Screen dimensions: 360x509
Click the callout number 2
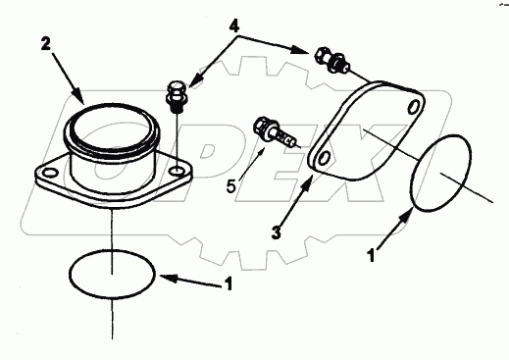click(x=45, y=45)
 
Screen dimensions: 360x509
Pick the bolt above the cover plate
click(x=331, y=60)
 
